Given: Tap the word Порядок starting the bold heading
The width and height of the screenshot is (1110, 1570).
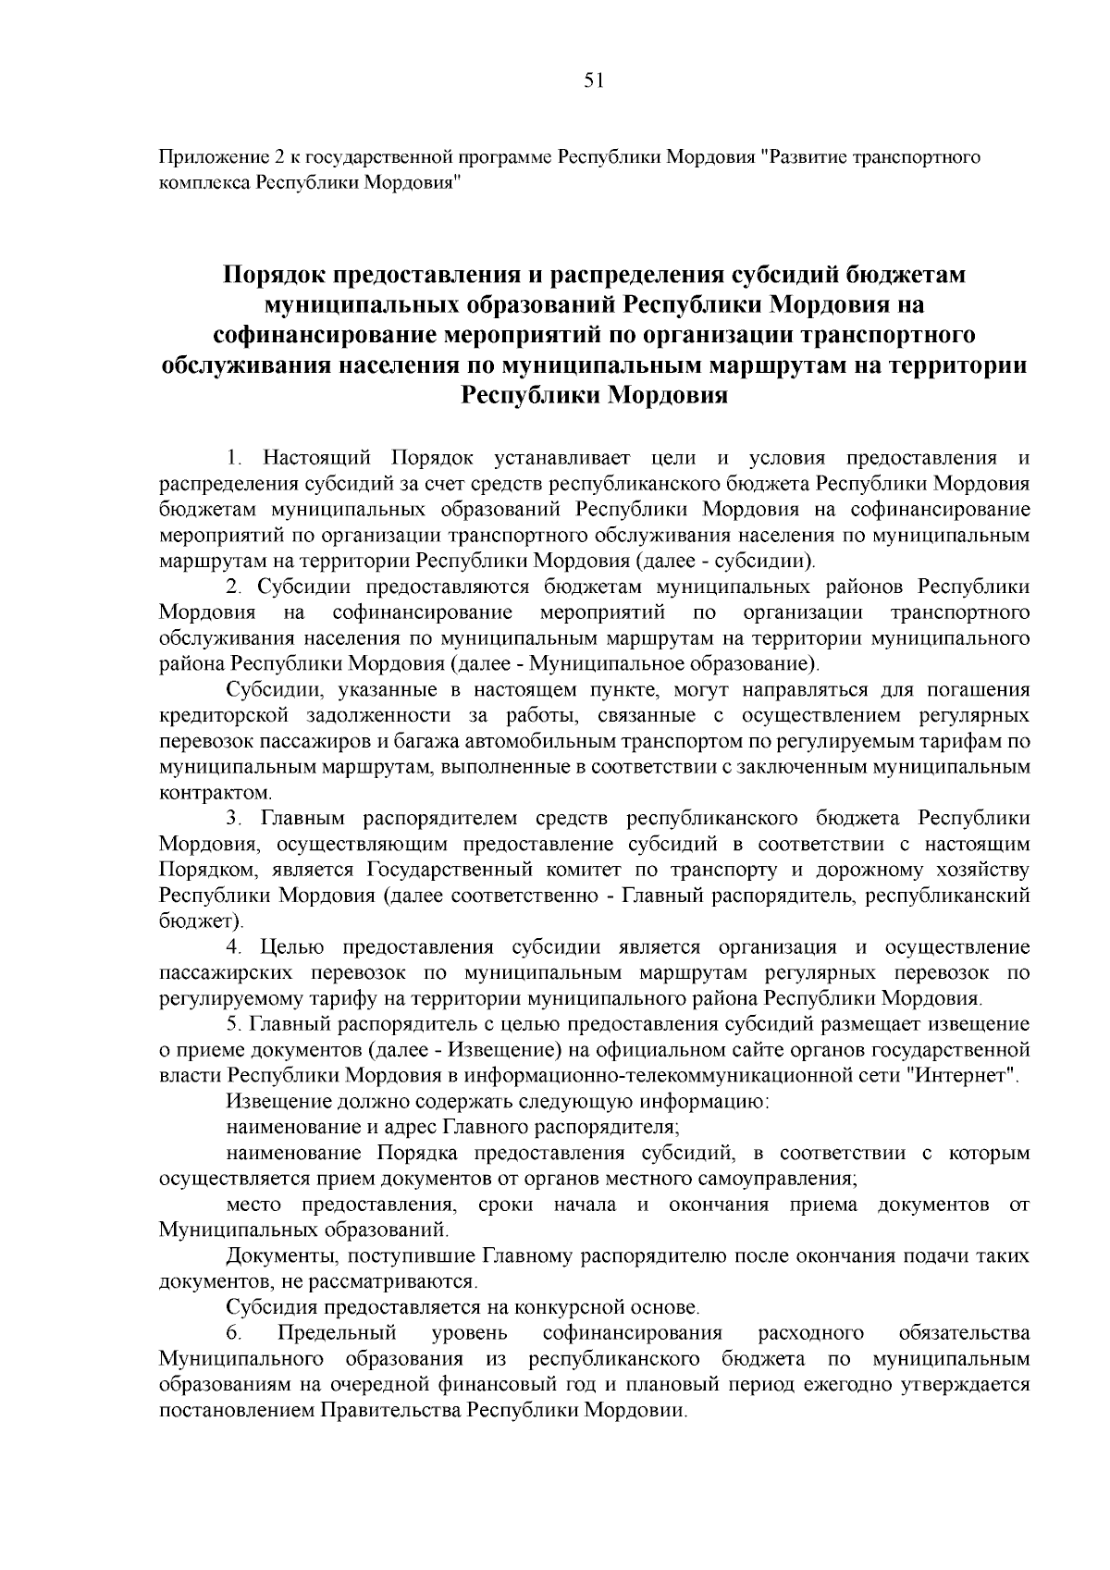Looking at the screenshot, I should coord(274,276).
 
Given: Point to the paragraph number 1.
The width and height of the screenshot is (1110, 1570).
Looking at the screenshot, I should coord(234,458).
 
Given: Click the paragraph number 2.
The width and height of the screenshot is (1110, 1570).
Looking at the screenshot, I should coord(234,587).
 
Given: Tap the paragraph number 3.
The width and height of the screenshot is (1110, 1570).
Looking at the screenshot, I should coord(234,819).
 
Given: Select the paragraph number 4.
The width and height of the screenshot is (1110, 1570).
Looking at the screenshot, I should coord(234,947).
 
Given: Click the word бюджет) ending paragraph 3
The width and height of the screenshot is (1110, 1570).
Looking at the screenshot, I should coord(200,921).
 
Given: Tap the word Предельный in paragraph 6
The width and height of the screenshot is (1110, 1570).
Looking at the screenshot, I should coord(337,1333).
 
